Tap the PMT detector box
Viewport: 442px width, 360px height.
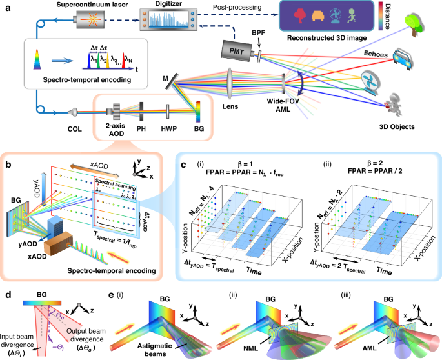tap(236, 49)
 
